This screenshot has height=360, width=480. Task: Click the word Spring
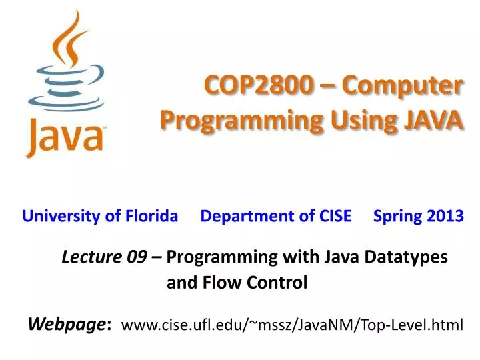click(395, 216)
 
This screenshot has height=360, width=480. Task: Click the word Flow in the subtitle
click(215, 283)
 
